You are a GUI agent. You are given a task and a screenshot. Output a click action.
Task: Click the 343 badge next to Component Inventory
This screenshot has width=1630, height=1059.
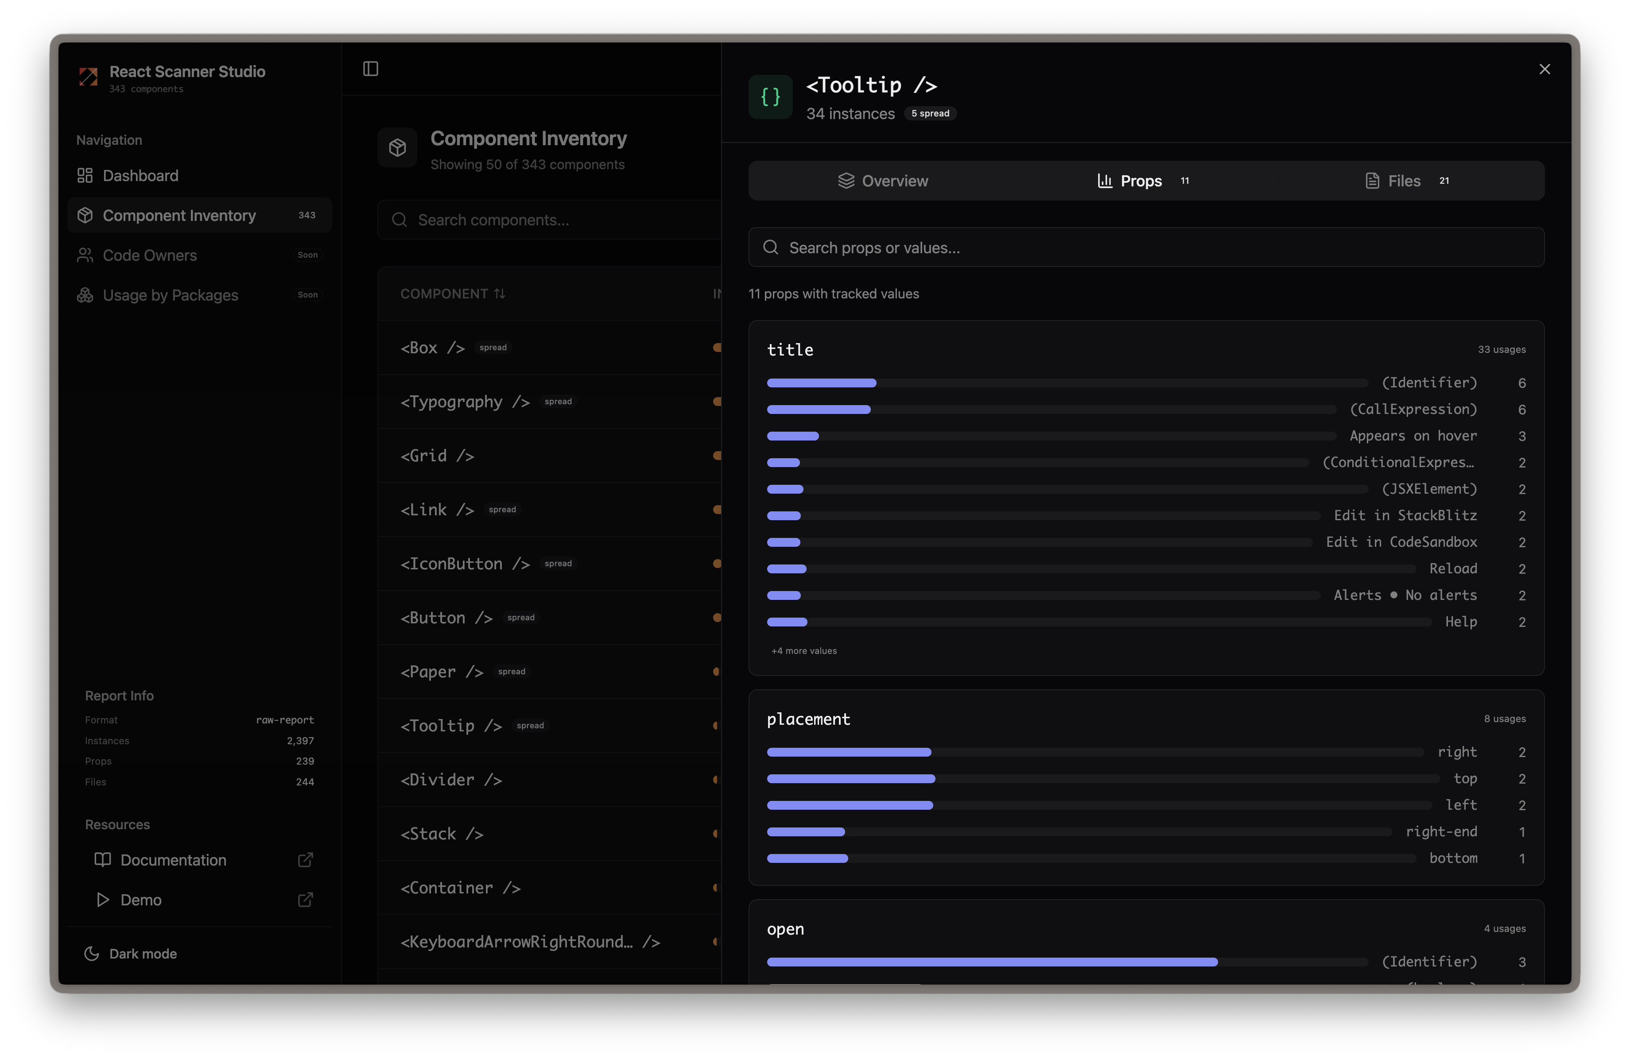tap(307, 215)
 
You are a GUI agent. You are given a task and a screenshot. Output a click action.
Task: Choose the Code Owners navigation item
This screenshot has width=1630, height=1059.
tap(149, 255)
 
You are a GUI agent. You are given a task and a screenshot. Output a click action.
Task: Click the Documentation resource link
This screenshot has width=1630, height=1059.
tap(173, 860)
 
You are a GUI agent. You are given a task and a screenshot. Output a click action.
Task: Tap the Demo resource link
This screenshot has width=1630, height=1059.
tap(140, 900)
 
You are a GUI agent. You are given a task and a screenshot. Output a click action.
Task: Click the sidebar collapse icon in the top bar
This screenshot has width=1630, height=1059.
tap(371, 69)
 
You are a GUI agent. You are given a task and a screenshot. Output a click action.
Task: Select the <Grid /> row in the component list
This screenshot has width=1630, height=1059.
tap(437, 456)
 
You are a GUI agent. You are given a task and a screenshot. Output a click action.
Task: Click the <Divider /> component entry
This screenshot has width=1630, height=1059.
tap(450, 780)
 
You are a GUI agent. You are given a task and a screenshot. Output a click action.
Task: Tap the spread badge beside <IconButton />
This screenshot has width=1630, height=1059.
tap(558, 564)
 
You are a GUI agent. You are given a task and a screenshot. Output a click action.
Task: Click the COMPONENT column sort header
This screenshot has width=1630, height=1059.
tap(452, 294)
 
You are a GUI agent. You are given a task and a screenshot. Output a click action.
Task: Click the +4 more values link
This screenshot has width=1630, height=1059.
tap(803, 651)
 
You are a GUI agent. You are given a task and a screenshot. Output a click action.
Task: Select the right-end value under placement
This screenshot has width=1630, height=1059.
tap(1440, 832)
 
